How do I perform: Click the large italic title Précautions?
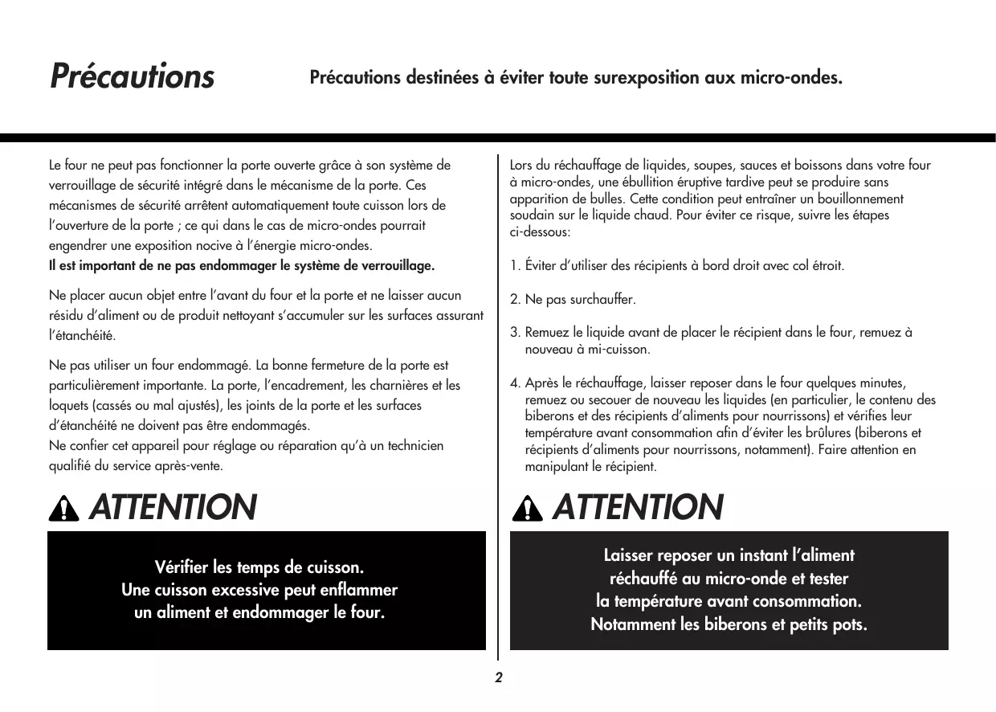click(133, 76)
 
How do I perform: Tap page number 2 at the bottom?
click(498, 677)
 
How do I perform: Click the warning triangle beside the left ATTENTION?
click(64, 509)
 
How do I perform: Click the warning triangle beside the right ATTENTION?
click(526, 509)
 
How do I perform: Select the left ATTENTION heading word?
click(172, 507)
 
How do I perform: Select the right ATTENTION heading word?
click(638, 507)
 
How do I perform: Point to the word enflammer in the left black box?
click(358, 591)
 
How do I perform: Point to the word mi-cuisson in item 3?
click(620, 350)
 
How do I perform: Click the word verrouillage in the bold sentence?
click(396, 266)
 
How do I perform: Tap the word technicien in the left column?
click(414, 446)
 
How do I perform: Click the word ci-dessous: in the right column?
click(540, 232)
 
